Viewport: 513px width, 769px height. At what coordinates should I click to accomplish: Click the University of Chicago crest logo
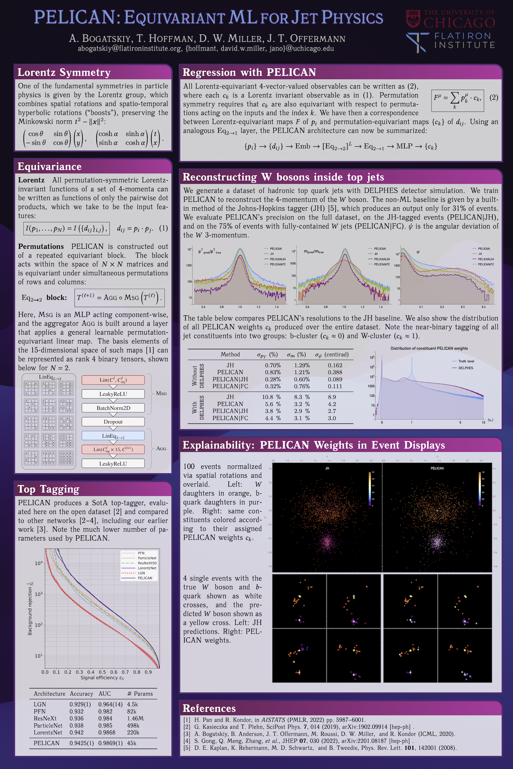[x=413, y=19]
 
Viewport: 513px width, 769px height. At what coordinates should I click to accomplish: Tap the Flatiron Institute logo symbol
[x=417, y=42]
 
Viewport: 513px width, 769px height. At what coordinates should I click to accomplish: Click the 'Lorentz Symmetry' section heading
[x=64, y=72]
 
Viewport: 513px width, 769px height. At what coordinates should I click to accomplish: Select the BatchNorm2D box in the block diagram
[x=113, y=408]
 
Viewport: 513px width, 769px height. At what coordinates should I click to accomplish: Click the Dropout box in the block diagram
[x=113, y=422]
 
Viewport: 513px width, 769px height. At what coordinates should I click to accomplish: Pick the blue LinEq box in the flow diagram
[x=113, y=436]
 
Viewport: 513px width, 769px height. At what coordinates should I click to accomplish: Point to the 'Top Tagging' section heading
[x=48, y=489]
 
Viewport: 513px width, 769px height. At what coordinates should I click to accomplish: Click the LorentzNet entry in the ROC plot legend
[x=147, y=568]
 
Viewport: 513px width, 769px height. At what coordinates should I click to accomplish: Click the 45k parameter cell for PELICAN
[x=132, y=743]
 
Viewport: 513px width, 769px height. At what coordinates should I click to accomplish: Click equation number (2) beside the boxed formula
[x=494, y=97]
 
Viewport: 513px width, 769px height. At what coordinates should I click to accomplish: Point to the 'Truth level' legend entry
[x=466, y=361]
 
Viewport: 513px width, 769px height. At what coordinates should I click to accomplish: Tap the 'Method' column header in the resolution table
[x=230, y=354]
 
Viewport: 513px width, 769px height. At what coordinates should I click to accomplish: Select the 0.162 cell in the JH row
[x=335, y=365]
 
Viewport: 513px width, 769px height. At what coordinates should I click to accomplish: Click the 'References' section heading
[x=209, y=708]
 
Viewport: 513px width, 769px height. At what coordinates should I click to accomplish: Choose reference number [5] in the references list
[x=186, y=748]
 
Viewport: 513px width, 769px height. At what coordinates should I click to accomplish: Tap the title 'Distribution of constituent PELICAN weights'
[x=429, y=348]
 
